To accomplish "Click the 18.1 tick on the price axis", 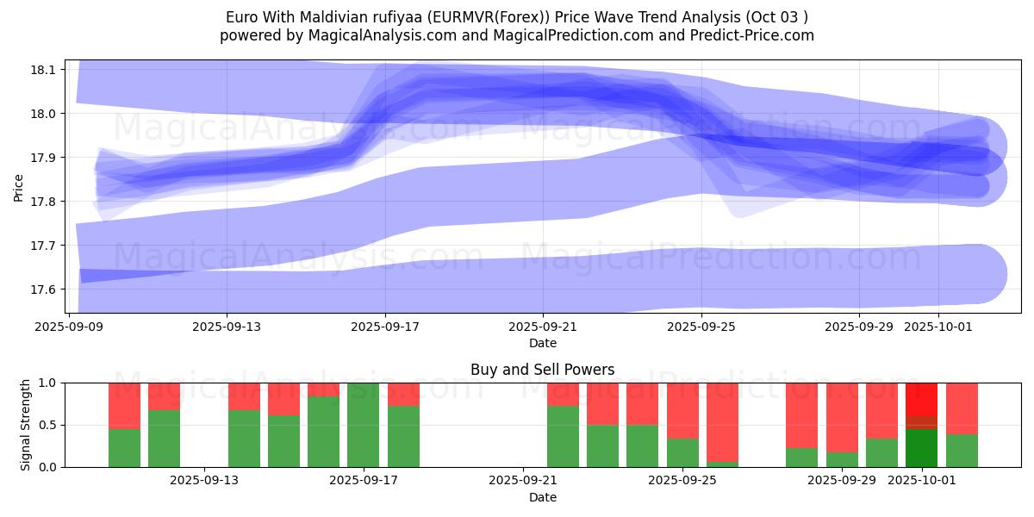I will [44, 69].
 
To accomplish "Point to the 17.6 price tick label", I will [44, 290].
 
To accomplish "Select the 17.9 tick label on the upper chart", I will [44, 158].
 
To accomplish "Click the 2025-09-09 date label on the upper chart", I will [69, 327].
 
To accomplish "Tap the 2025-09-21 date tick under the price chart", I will [543, 327].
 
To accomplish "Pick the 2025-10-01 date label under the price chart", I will [938, 327].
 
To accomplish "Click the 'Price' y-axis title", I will [18, 187].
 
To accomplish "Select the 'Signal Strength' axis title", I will [26, 425].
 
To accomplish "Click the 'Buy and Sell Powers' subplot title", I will [543, 370].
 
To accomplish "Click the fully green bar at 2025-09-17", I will [364, 425].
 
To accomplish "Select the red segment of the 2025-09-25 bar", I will [682, 410].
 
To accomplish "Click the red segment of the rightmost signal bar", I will [962, 408].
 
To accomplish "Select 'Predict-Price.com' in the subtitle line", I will [752, 35].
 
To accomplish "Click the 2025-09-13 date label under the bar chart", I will [205, 481].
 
